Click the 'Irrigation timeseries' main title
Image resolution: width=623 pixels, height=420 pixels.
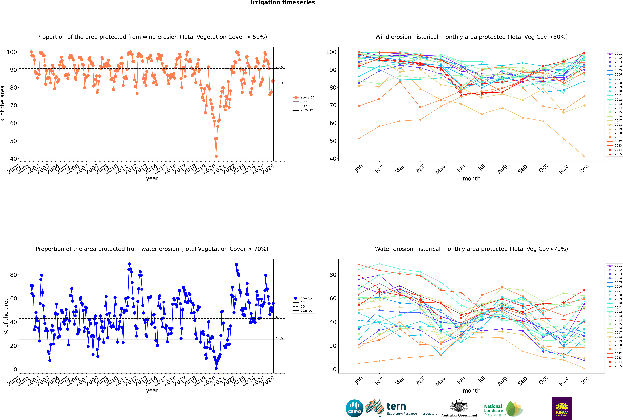(283, 3)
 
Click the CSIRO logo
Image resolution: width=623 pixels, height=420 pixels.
(354, 408)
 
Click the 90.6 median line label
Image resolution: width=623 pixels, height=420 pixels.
(279, 67)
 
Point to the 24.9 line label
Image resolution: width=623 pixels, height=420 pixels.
(279, 339)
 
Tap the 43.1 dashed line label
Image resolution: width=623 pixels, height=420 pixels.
(279, 317)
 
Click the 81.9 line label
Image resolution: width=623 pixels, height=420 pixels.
(279, 83)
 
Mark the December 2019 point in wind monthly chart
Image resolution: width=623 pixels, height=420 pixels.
(584, 156)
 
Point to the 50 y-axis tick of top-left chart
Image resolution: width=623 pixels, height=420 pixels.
(13, 141)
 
